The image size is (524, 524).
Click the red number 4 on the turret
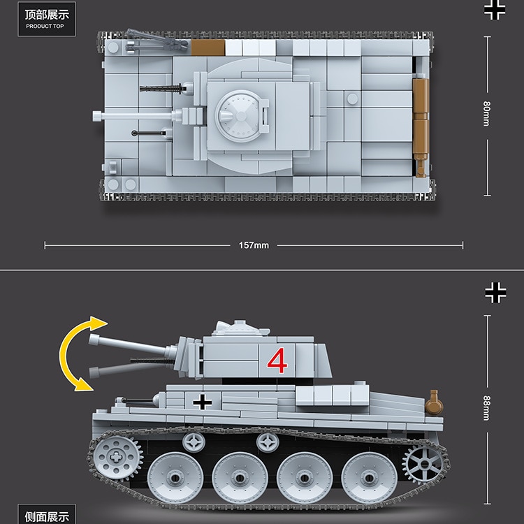(x=277, y=361)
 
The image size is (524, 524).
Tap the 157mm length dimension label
(x=254, y=245)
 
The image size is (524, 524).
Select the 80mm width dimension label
(x=487, y=114)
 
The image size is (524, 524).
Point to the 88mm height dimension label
(x=487, y=409)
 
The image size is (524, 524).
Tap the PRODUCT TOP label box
(x=47, y=19)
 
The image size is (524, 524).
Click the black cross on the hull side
(x=202, y=402)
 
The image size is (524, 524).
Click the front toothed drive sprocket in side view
(x=115, y=457)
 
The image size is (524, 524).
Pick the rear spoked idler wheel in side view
(x=424, y=464)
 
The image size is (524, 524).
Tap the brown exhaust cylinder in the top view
(x=421, y=127)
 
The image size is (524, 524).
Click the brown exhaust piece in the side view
(x=434, y=403)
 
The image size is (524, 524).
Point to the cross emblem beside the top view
(x=495, y=9)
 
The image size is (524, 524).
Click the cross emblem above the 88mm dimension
(x=495, y=293)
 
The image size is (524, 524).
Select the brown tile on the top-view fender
(x=208, y=48)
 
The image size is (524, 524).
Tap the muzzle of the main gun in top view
(x=96, y=116)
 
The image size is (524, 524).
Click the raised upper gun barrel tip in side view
(x=93, y=339)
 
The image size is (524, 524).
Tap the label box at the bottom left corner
(x=47, y=514)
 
